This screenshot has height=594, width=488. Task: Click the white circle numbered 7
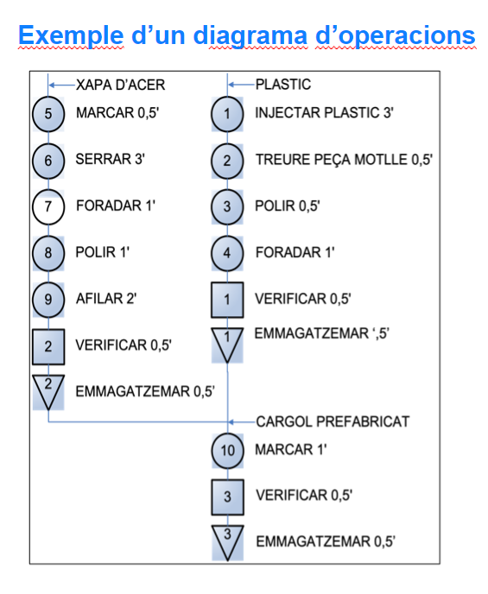48,207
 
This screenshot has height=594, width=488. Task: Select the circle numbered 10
227,451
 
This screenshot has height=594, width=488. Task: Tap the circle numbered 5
48,114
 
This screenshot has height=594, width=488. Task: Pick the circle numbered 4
227,253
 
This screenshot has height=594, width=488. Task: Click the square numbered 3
227,497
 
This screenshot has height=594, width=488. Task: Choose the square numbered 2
48,346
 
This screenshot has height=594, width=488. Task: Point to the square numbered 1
227,300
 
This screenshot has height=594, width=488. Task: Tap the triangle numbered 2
48,391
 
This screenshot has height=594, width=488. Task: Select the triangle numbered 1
227,344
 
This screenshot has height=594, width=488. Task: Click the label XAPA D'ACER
120,85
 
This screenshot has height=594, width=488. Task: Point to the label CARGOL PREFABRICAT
333,421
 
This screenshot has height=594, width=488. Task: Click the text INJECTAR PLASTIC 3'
324,113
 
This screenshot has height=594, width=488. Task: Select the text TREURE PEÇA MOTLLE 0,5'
344,160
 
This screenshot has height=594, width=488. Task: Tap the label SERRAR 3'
111,159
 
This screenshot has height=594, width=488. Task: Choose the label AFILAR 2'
106,299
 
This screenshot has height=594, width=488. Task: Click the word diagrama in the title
250,36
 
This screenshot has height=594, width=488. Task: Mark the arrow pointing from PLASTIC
242,85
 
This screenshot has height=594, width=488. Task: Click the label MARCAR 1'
291,450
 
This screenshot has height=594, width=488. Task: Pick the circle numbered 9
48,300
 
